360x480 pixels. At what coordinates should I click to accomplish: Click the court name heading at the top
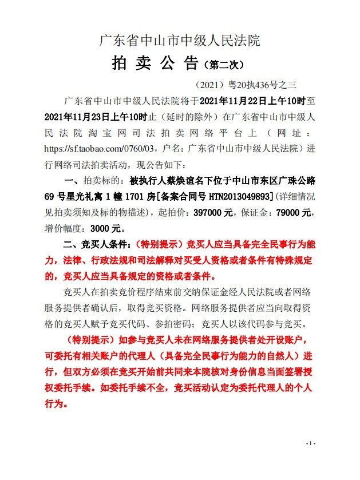[x=180, y=41]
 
